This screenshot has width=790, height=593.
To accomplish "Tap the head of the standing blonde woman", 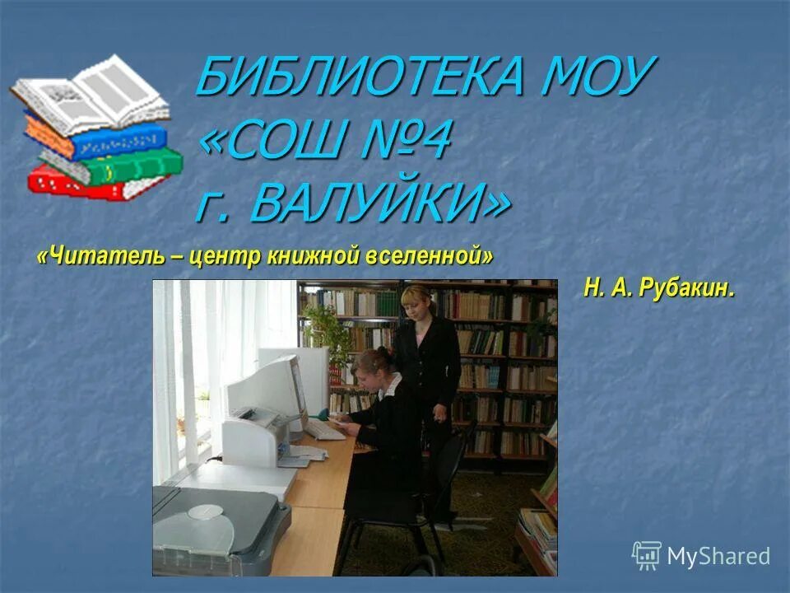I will click(416, 302).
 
